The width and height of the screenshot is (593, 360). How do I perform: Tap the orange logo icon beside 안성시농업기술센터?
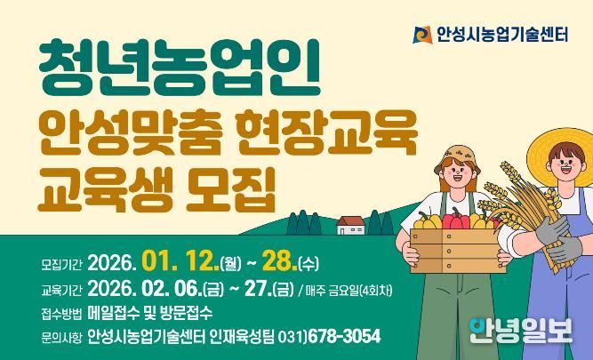[421, 35]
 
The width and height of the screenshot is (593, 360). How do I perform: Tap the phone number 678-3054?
[341, 337]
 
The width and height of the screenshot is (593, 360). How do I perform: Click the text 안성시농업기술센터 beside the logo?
[502, 36]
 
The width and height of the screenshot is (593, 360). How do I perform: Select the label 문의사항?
[60, 337]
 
